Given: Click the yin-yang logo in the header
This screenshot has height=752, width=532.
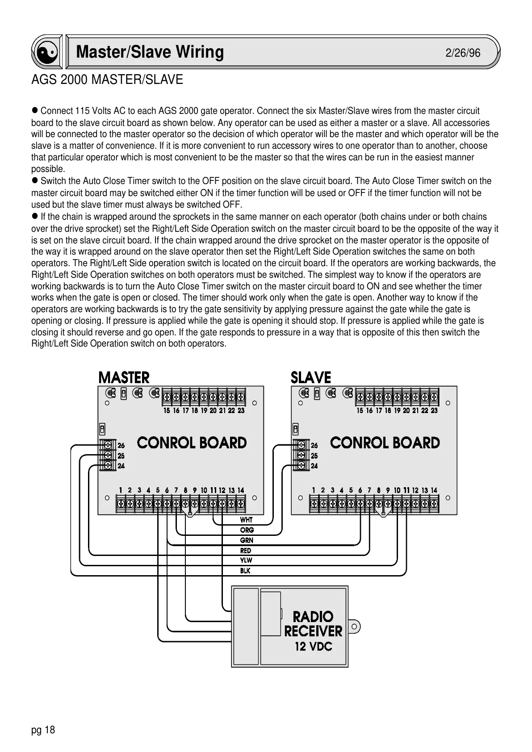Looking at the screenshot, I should (47, 53).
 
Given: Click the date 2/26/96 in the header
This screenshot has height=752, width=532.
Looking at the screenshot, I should (463, 53).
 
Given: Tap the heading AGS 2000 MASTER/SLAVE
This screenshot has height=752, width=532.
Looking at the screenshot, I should (107, 80).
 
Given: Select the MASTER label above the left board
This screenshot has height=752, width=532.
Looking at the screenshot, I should (124, 378).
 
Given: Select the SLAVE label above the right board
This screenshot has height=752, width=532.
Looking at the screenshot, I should (311, 378).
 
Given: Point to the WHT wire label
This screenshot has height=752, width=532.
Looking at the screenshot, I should (246, 520).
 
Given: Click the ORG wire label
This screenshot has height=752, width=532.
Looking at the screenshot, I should (247, 530).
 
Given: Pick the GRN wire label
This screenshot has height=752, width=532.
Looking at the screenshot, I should (247, 540).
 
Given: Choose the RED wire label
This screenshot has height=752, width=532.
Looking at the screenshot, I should (246, 551).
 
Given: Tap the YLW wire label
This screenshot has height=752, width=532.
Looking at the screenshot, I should (246, 560).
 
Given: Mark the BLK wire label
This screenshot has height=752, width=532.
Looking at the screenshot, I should (245, 571).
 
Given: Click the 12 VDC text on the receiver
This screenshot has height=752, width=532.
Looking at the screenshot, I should (313, 646).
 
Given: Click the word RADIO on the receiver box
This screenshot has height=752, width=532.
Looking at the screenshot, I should (313, 617).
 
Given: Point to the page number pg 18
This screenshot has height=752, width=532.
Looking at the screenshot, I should (43, 730).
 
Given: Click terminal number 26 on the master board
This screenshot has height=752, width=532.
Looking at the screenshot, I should (121, 446).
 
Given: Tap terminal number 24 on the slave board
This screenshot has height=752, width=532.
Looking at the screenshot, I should (314, 466).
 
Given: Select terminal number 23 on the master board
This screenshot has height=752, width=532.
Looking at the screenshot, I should (241, 410).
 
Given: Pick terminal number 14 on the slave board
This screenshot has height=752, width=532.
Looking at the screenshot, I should (434, 490).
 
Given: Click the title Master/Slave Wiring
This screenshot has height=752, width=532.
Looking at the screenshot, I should (150, 52).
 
